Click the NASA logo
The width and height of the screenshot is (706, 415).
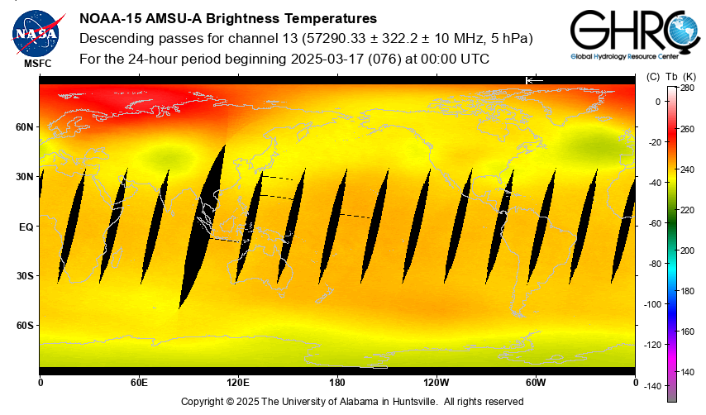(x=36, y=32)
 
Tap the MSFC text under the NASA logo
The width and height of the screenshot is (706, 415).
(x=36, y=63)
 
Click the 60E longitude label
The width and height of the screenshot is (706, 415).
(x=139, y=383)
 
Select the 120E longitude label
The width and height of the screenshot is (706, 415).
(x=238, y=383)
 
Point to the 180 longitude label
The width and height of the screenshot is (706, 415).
(x=337, y=383)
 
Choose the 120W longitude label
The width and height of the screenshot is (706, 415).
(x=436, y=383)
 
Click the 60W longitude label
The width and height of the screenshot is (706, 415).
(x=536, y=383)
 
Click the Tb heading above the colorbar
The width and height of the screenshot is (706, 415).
(x=671, y=77)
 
